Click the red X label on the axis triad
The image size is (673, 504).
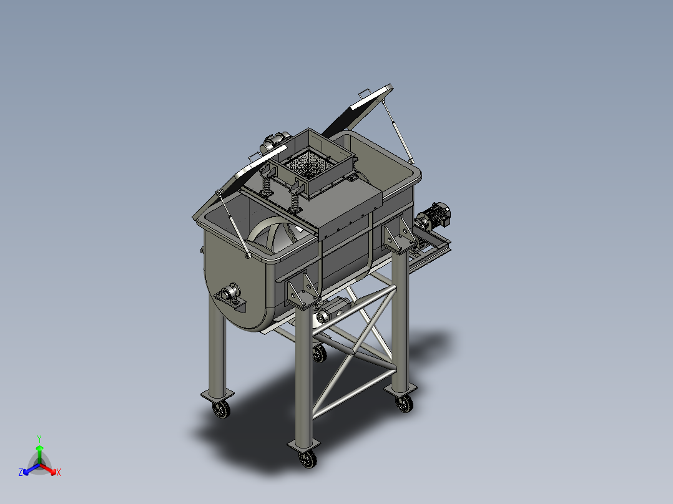(58, 473)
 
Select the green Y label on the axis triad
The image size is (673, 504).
(39, 439)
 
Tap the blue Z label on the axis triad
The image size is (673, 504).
(21, 473)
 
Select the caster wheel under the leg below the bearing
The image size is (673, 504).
(220, 409)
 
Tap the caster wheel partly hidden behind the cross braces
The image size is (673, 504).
(319, 354)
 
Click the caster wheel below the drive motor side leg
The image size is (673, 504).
(405, 404)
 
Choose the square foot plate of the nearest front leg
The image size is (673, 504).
(303, 445)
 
